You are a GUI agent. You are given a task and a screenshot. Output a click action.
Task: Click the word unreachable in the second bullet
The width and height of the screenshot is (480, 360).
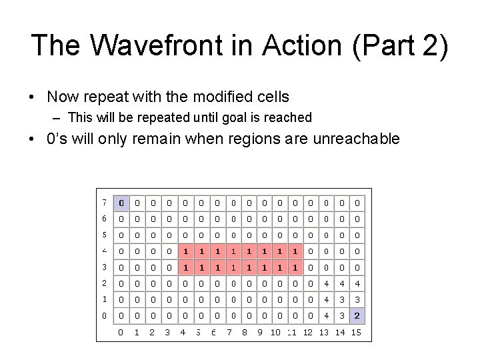click(353, 139)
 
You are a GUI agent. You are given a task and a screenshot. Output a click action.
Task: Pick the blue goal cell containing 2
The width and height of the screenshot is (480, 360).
click(357, 315)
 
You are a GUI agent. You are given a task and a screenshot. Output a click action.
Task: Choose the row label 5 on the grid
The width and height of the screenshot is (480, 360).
click(105, 234)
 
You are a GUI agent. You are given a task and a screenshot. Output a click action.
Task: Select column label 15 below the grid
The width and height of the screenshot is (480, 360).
click(357, 332)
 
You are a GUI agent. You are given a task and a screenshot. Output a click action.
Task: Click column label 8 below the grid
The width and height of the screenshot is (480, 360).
click(246, 332)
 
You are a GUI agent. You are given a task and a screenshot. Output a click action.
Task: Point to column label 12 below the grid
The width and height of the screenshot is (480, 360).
click(308, 332)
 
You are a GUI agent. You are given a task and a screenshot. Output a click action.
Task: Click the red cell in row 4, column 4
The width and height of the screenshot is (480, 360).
click(184, 251)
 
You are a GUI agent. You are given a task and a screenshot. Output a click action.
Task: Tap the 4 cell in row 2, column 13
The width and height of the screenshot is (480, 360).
click(326, 283)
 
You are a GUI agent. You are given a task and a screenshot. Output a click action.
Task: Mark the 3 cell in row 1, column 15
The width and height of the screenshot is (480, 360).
click(357, 299)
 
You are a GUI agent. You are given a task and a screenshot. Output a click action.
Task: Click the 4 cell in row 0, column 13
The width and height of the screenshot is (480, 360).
click(326, 315)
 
